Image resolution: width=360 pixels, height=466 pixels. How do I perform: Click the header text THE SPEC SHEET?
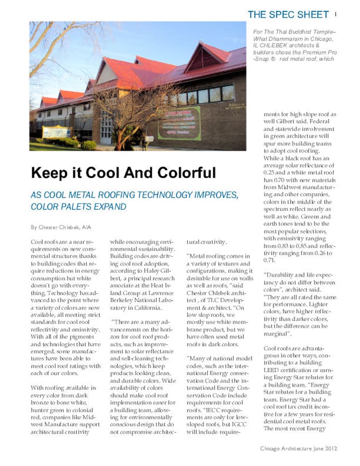288,14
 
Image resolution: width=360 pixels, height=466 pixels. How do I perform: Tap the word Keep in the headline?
48,173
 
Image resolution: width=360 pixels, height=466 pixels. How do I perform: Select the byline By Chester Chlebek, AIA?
61,227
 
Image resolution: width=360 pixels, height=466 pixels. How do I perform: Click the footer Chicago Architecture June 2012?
298,449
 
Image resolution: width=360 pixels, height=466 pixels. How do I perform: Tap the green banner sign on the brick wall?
179,123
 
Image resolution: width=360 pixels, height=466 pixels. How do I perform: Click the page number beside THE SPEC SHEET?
335,14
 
